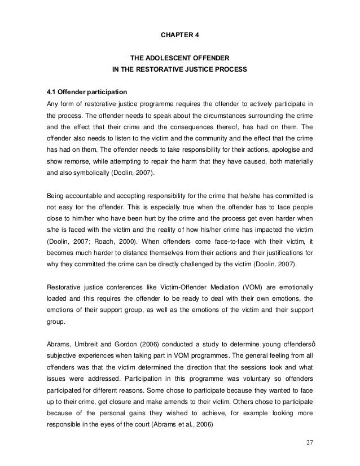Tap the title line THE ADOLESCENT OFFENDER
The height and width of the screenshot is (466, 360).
[179, 58]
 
